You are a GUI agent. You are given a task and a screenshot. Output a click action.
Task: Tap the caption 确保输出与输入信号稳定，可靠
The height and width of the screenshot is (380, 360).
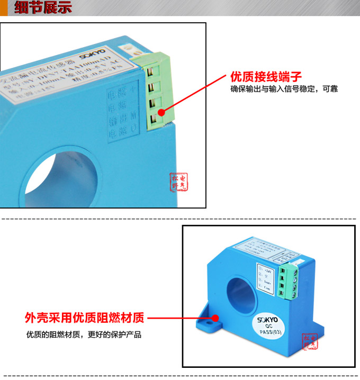[x=284, y=89]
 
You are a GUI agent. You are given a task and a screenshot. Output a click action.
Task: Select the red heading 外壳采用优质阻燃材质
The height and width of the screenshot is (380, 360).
[x=84, y=319]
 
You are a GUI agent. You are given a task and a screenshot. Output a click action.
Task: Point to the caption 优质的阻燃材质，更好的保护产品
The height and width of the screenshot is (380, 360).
[x=84, y=335]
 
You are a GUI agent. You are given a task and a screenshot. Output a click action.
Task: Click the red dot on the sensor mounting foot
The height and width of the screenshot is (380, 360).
[x=215, y=319]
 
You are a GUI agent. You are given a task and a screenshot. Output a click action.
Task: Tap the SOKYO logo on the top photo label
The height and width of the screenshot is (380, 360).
[x=93, y=56]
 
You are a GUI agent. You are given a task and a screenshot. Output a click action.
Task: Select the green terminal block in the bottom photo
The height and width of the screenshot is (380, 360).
[x=290, y=278]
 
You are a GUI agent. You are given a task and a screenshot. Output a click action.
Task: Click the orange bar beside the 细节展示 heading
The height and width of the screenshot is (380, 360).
[x=3, y=8]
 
